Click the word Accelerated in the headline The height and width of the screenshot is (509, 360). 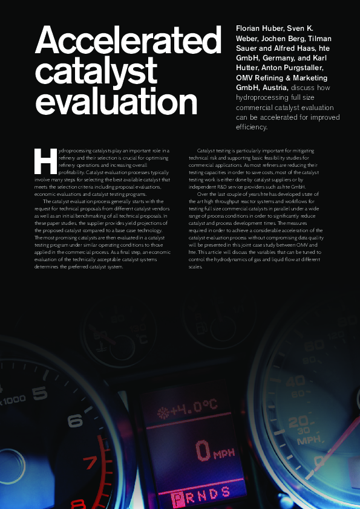pos(128,42)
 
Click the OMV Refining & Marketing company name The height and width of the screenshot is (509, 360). pos(281,77)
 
